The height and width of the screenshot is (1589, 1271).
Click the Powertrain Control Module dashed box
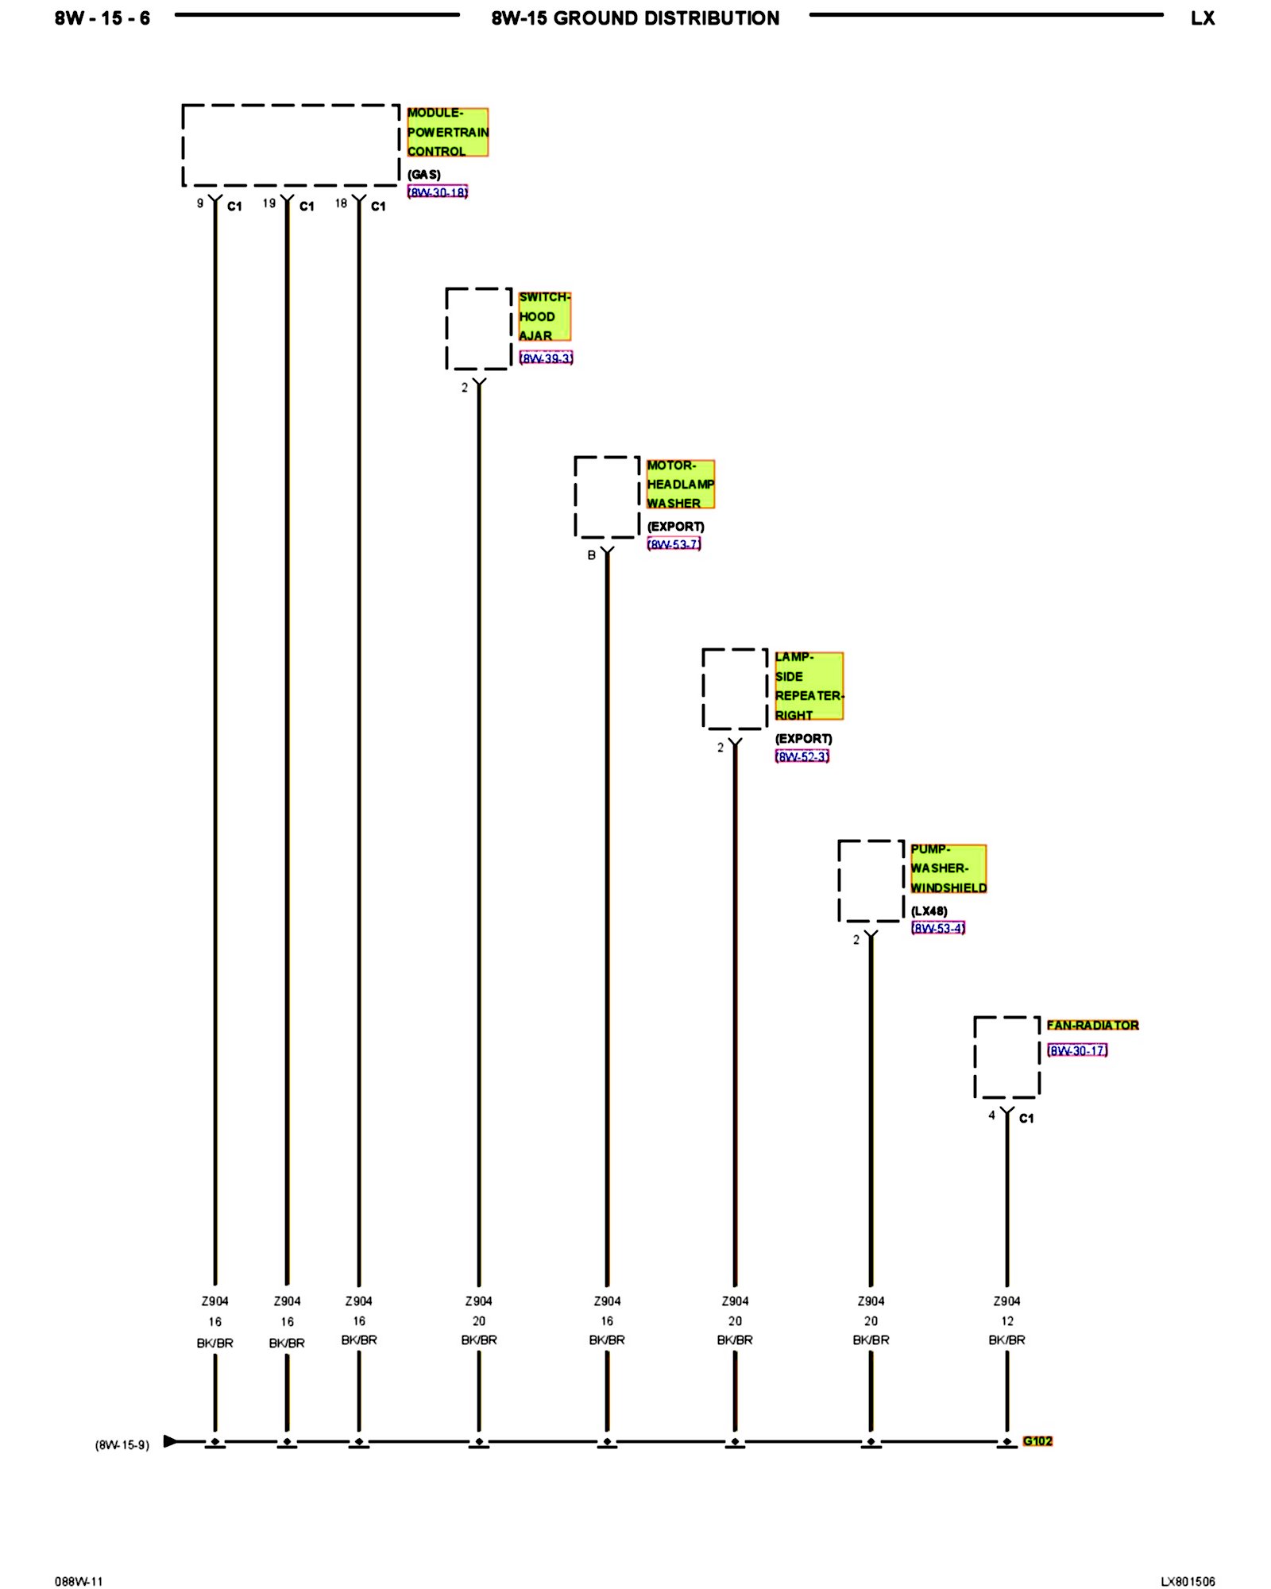pos(291,145)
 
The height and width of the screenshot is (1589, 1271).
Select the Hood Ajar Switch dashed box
pos(478,329)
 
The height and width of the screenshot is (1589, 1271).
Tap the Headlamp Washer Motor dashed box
pos(607,497)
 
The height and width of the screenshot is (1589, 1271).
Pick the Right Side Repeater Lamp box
pos(735,689)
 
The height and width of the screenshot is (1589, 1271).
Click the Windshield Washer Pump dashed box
pos(871,881)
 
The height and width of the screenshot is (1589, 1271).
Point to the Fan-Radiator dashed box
pos(1006,1057)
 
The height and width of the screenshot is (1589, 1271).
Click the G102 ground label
pos(1037,1441)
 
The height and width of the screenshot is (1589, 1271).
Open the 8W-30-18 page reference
pos(438,192)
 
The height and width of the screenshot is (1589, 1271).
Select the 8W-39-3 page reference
pos(546,358)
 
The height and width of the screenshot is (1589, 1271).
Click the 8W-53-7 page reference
pos(674,544)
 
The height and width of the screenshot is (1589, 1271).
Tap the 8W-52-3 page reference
pos(802,756)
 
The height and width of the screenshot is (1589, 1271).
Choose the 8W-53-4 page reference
pos(938,928)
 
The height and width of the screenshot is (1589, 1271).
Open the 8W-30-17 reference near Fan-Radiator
pos(1077,1050)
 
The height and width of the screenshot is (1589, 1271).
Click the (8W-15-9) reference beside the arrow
pos(122,1444)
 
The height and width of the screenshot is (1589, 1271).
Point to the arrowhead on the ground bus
pos(170,1441)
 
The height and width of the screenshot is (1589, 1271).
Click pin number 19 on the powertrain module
pos(269,203)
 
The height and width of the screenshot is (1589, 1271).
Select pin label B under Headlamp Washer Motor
pos(591,555)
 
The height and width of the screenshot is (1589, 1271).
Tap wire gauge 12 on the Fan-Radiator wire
pos(1007,1320)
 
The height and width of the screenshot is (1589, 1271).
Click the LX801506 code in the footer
pos(1188,1581)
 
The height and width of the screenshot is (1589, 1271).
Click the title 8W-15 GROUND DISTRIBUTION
pos(635,18)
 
